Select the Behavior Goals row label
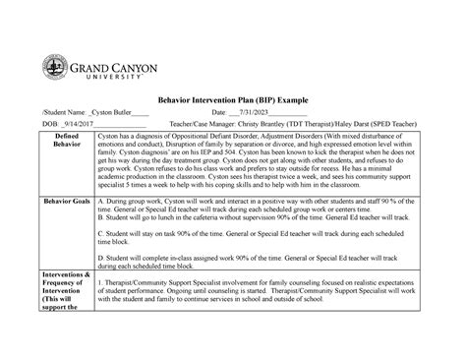point(63,255)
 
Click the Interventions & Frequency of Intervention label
point(63,330)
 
